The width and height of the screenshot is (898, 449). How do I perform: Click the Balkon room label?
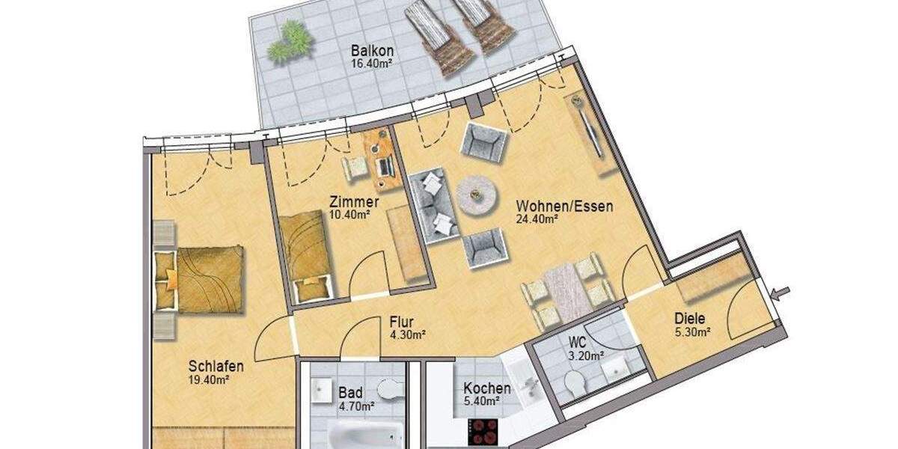(373, 52)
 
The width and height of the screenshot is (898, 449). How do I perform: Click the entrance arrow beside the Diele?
(783, 293)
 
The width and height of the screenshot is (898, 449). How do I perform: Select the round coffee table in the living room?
(477, 195)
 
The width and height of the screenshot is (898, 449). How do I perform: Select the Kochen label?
(487, 388)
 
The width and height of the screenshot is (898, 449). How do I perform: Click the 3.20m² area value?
(585, 356)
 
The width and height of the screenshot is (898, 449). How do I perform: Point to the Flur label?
(402, 322)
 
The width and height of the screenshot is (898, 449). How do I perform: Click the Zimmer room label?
(354, 201)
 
